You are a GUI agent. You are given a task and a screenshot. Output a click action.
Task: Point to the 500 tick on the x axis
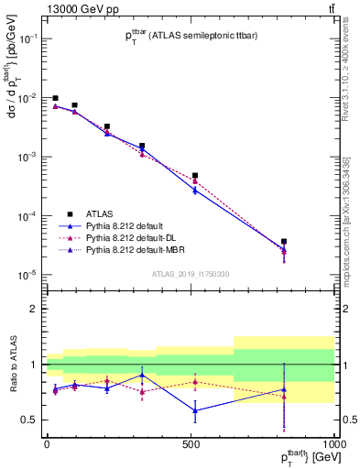(x=191, y=443)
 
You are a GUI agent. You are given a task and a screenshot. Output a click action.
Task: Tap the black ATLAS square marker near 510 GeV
(x=194, y=175)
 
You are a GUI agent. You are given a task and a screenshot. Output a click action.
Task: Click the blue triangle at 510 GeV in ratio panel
(x=194, y=409)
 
